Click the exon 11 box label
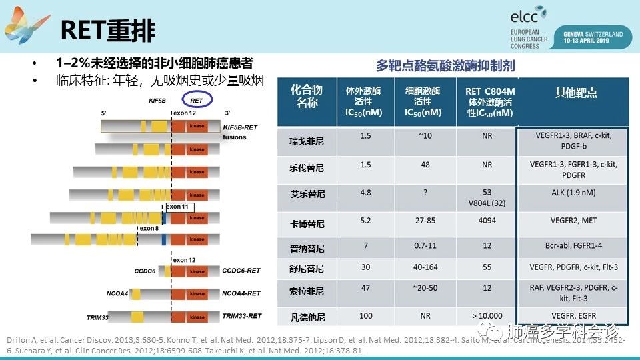(x=179, y=207)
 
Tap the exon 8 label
(x=149, y=228)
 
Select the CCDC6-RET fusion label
(x=241, y=271)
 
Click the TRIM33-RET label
(x=241, y=315)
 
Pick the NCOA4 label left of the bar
(x=117, y=293)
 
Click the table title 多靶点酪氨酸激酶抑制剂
(x=445, y=66)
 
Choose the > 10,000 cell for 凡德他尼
(x=487, y=315)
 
